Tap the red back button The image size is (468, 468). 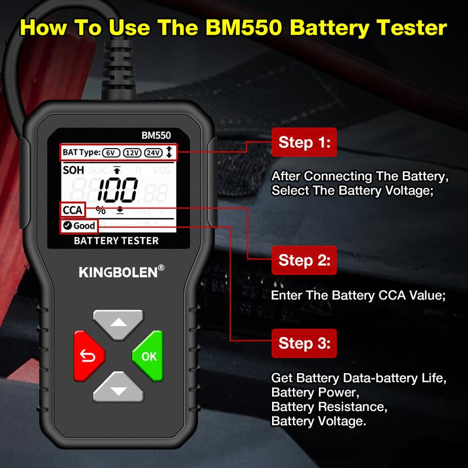coord(89,355)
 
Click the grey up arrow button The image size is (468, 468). coord(119,323)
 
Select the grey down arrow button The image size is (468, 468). coord(119,387)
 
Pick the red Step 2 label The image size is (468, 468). coord(304,260)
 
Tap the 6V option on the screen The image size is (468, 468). coord(111,153)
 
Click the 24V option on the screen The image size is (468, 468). coord(153,153)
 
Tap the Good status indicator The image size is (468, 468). coord(78,226)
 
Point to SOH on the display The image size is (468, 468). coord(73,170)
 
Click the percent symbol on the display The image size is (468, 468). coord(101,210)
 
